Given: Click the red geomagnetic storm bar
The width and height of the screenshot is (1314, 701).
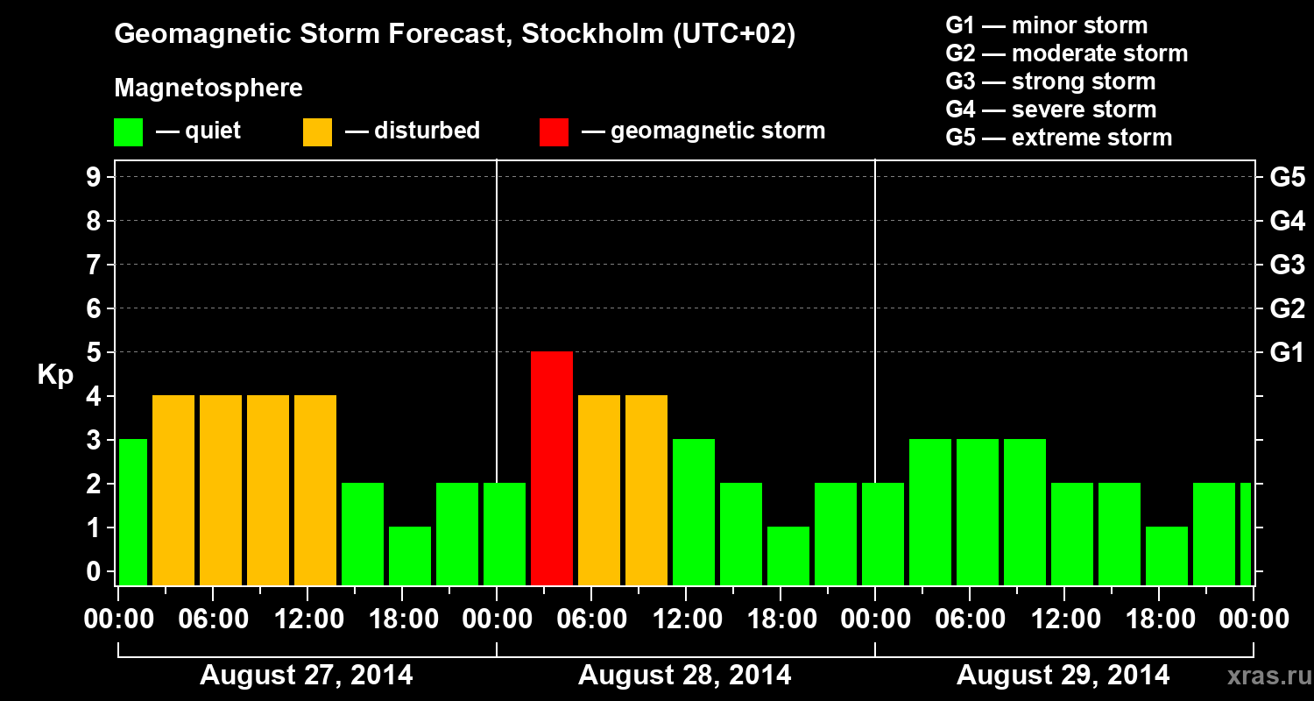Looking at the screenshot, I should (x=552, y=468).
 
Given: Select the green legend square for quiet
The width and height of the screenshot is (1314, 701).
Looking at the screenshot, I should (x=128, y=131).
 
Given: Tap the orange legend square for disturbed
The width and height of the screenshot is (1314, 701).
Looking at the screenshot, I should (x=317, y=131).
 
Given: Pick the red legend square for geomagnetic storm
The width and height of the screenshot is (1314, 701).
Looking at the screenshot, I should (x=554, y=131).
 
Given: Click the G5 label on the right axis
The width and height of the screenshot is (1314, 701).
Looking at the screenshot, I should (x=1287, y=178).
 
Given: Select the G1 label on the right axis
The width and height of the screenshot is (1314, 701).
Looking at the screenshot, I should (x=1287, y=353).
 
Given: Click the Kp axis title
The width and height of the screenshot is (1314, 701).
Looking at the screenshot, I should (x=55, y=375).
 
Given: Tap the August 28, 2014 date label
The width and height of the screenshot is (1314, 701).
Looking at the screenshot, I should (x=684, y=676).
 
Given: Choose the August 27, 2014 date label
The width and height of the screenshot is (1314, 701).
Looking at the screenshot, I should (x=307, y=676).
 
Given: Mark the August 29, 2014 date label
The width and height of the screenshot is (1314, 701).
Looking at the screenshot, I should (x=1063, y=676).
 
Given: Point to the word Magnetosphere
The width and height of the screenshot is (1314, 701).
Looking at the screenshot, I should (x=208, y=89).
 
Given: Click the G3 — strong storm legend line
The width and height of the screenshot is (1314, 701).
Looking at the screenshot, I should (x=1050, y=81).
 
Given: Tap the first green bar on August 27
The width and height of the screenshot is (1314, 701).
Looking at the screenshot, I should (x=132, y=512).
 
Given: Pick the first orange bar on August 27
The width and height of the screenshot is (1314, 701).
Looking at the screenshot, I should (x=173, y=490).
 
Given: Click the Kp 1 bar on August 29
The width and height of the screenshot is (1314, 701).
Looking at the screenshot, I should (x=1167, y=556).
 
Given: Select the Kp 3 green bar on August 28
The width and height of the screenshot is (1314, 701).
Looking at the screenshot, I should (x=694, y=512).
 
